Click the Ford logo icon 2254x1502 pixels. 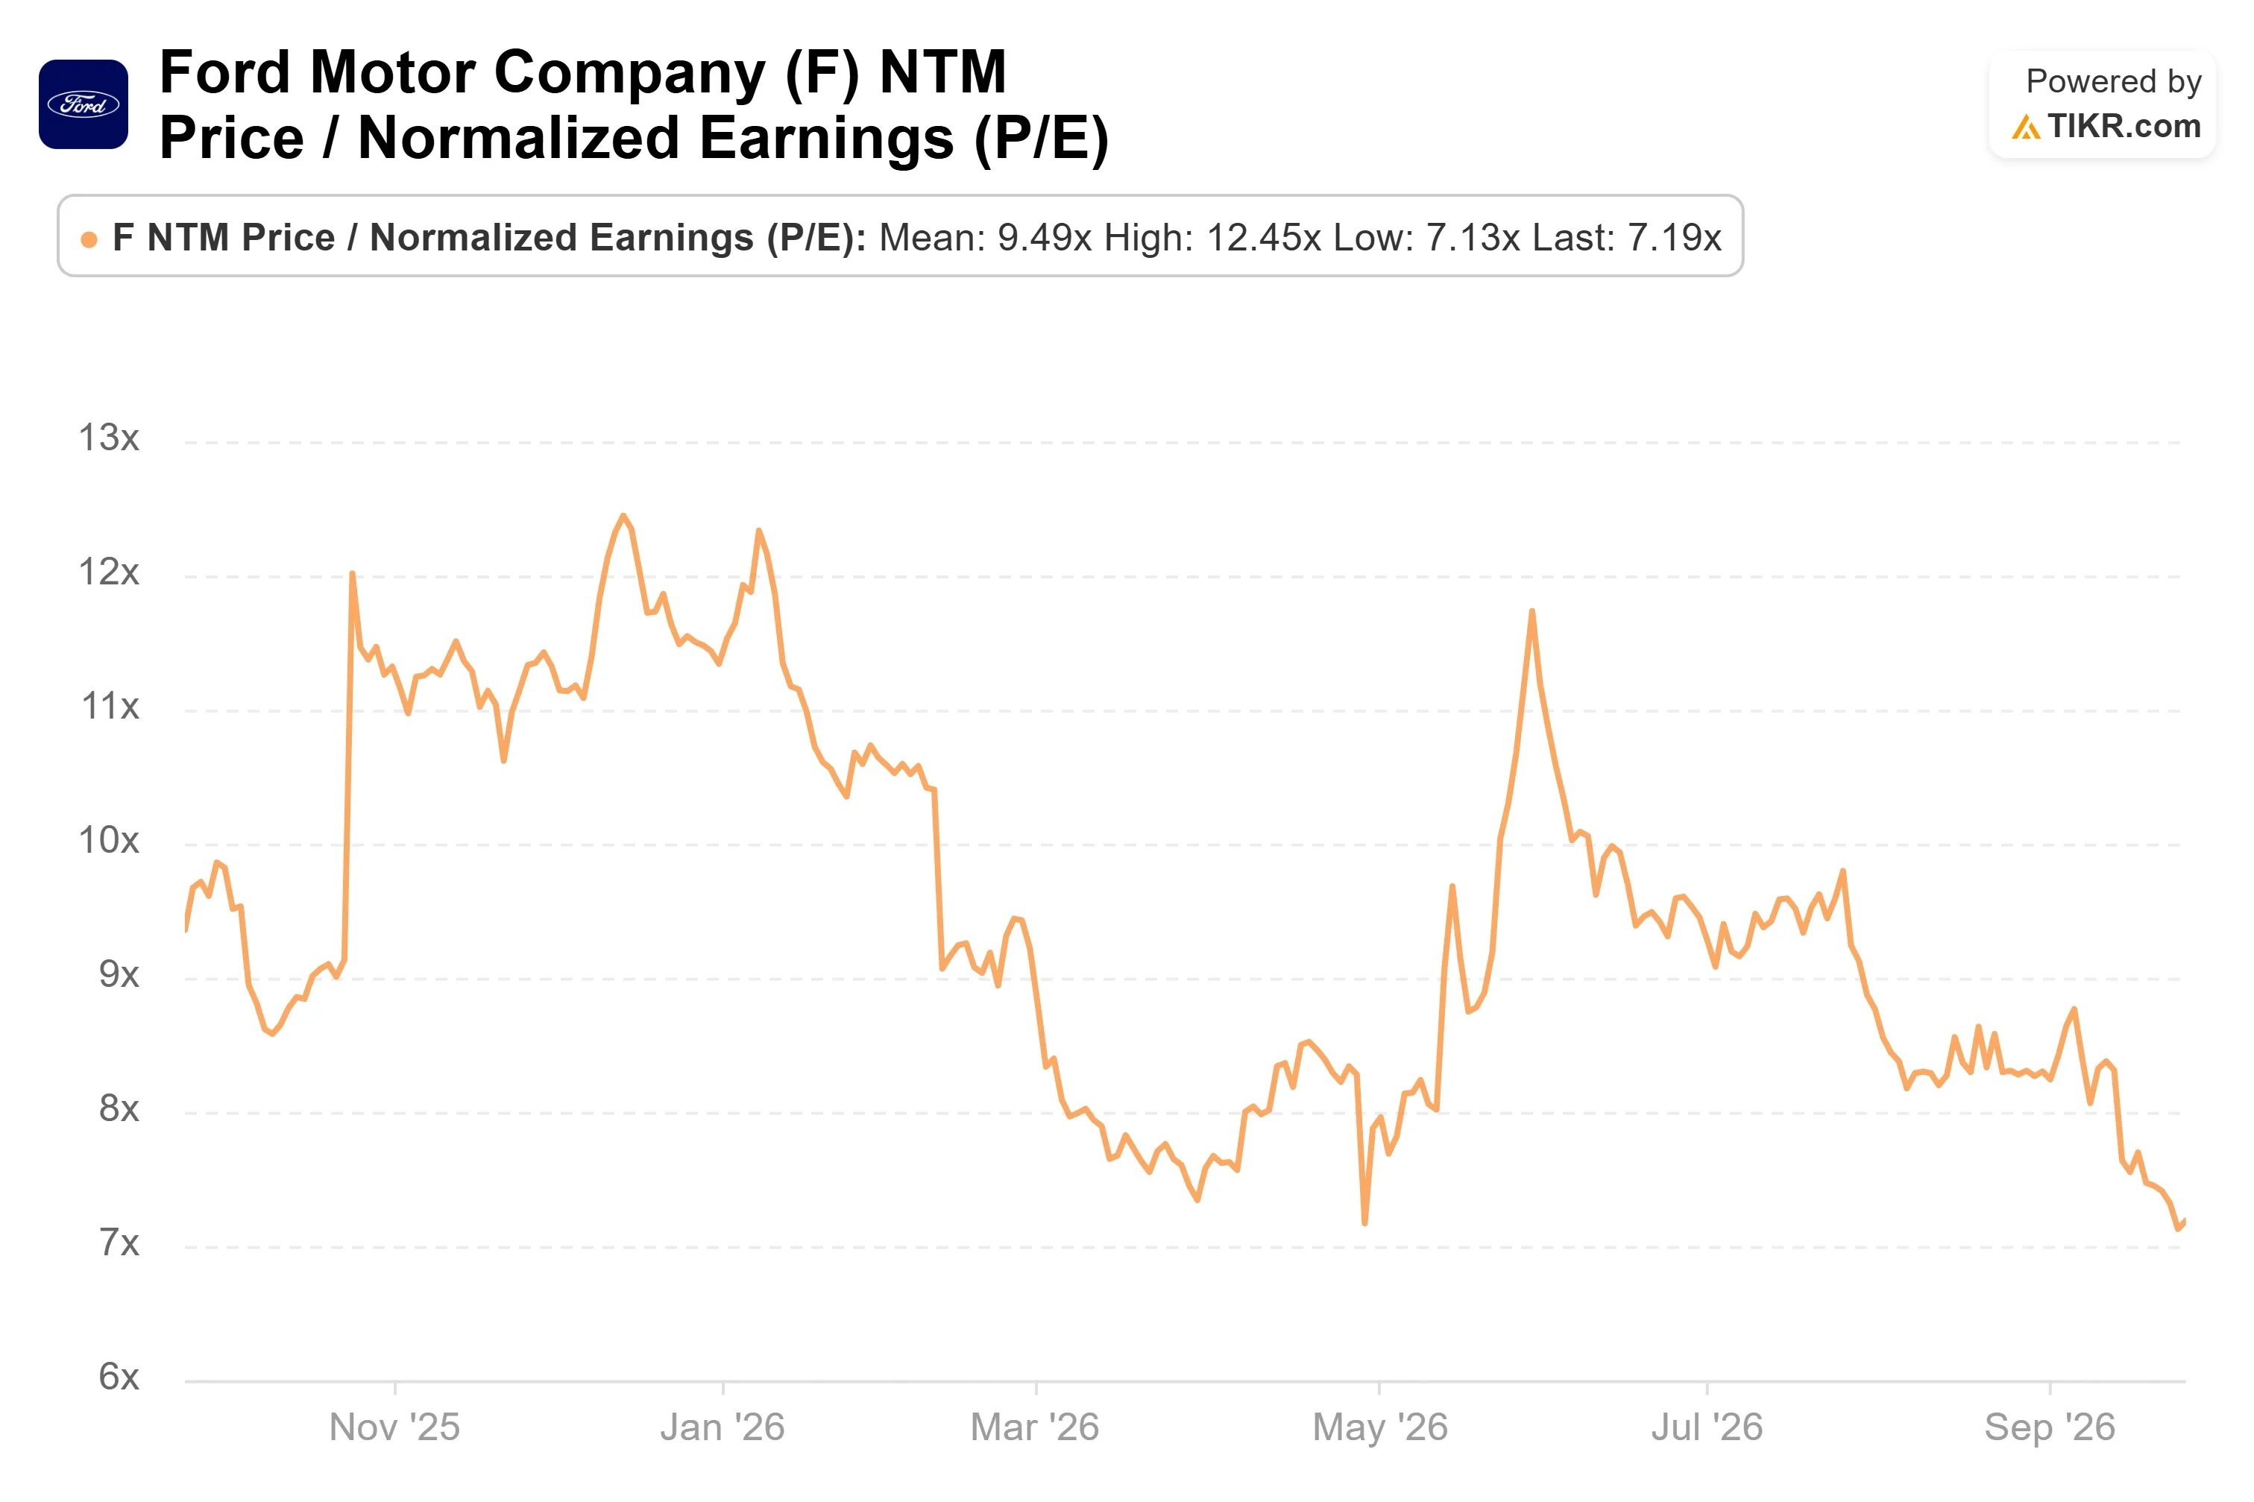tap(84, 104)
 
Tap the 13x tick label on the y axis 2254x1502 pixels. tap(108, 438)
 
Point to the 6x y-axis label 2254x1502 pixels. tap(119, 1377)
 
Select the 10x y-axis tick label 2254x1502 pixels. tap(108, 840)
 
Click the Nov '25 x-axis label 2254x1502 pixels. tap(394, 1427)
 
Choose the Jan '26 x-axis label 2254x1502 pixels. tap(723, 1427)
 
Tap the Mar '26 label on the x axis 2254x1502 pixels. tap(1035, 1427)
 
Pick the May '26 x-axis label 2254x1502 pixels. tap(1379, 1427)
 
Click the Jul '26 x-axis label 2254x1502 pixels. tap(1706, 1427)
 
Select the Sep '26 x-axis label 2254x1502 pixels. tap(2049, 1427)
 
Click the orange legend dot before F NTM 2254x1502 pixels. tap(89, 239)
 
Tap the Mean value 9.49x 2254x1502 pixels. tap(1044, 238)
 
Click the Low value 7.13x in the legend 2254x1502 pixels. tap(1473, 238)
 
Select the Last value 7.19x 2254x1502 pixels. tap(1675, 238)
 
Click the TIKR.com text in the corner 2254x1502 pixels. tap(2124, 125)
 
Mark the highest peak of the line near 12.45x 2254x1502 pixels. tap(623, 517)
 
